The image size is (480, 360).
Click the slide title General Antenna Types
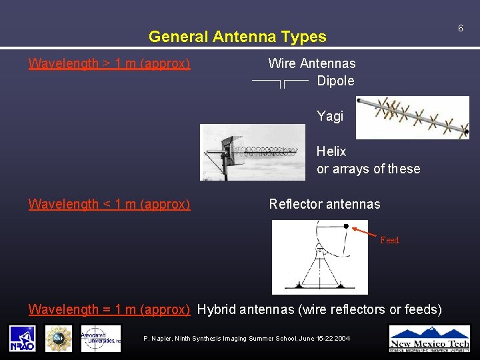237,37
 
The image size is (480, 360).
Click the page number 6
460,28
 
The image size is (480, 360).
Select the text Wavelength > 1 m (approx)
109,64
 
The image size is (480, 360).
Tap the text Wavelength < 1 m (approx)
109,204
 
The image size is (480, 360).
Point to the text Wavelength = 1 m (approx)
109,309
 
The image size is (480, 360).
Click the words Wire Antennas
311,63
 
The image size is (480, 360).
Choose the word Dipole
335,81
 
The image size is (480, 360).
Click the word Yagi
330,116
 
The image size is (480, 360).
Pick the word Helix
331,151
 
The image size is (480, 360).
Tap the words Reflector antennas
324,204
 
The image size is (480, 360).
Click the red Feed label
389,240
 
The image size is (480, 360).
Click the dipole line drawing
280,82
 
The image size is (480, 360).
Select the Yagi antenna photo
412,117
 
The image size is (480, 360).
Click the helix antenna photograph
253,152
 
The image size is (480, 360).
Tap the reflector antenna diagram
319,257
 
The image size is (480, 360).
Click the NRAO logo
23,338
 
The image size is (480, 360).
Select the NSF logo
58,338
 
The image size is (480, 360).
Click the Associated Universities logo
101,338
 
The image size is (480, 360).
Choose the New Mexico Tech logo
429,338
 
